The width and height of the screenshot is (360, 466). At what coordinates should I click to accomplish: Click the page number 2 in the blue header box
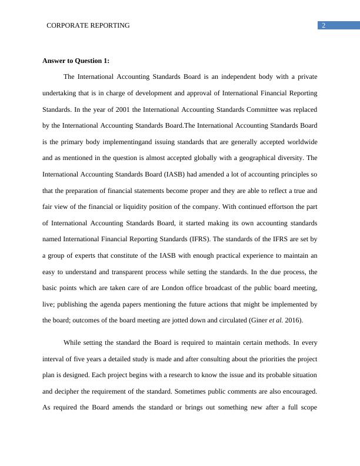tap(324, 25)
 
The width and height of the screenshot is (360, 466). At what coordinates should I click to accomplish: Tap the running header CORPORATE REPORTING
tap(88, 25)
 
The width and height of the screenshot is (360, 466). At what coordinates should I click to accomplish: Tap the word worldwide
tap(302, 142)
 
